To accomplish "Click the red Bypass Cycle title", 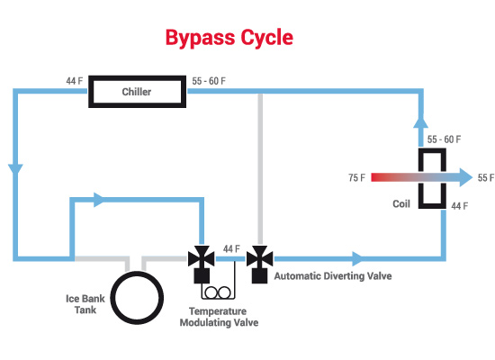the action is [x=229, y=38].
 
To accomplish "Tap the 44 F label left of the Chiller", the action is [x=74, y=81].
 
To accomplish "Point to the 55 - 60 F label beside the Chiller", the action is [x=209, y=81].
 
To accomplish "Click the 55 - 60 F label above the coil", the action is [x=444, y=139].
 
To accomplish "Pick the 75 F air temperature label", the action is [x=356, y=178].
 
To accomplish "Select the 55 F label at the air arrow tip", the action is [x=486, y=178].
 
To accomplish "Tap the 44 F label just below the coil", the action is [x=460, y=206].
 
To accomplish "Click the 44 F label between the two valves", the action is [x=231, y=248].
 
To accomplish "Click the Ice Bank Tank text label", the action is [x=85, y=304].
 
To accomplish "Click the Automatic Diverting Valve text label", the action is [x=333, y=276].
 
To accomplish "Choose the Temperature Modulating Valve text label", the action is [x=219, y=317].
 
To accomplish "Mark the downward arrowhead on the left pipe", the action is [x=15, y=169].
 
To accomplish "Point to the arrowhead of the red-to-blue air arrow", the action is [x=465, y=177].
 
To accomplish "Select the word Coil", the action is [x=401, y=203].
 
